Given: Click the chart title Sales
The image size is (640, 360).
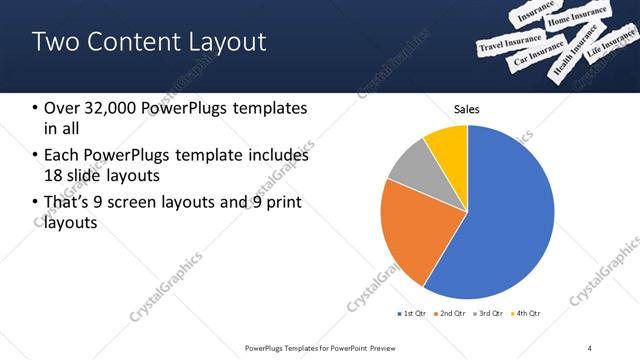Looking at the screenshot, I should pyautogui.click(x=466, y=108).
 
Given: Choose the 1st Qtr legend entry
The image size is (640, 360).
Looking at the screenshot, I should pyautogui.click(x=411, y=314).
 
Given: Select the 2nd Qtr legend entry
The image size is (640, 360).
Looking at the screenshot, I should pyautogui.click(x=447, y=314).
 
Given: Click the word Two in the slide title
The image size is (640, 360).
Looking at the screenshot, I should pyautogui.click(x=51, y=42).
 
